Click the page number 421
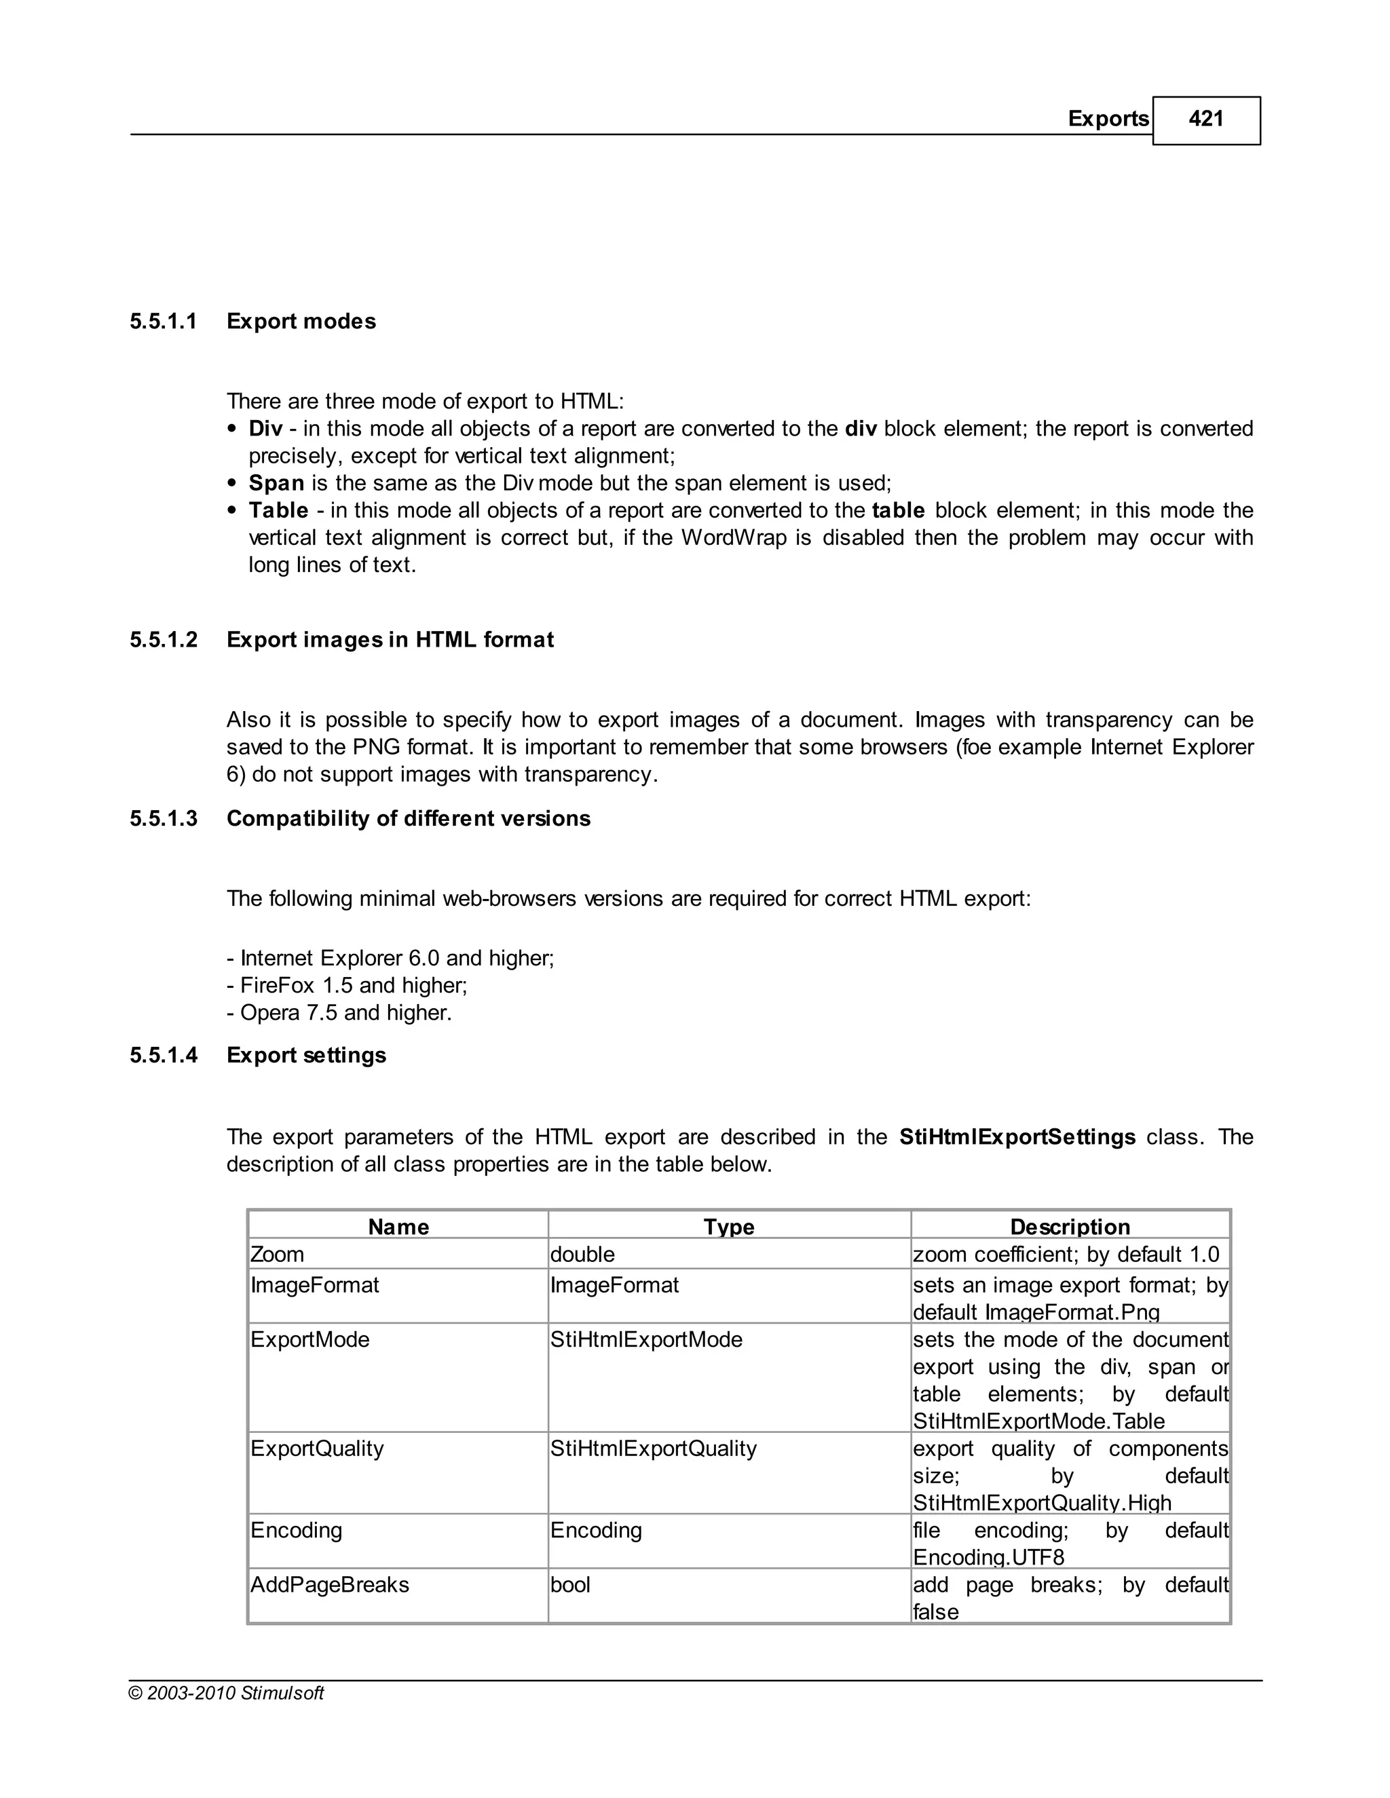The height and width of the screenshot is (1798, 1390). pos(1205,119)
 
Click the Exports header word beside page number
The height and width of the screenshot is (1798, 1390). pos(1108,119)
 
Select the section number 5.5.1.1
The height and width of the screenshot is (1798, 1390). pos(163,321)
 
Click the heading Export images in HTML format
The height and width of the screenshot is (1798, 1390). pos(390,640)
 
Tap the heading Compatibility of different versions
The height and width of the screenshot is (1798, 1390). pos(409,818)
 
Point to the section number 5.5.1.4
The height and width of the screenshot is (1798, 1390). pos(163,1056)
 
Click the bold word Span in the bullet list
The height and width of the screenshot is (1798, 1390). pos(277,483)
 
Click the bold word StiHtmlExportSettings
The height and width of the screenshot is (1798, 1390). pos(1017,1137)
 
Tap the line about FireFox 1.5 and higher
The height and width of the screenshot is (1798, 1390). pos(347,985)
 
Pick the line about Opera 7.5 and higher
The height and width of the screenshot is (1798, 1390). pos(339,1012)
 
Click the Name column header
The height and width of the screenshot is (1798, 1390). pos(398,1227)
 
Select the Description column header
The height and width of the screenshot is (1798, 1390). pos(1070,1227)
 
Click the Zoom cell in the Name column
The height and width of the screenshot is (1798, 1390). pos(278,1255)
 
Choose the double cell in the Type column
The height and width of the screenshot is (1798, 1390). pos(582,1255)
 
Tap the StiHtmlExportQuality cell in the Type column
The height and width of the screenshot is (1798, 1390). pos(653,1449)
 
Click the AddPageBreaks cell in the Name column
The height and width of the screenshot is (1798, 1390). pos(329,1585)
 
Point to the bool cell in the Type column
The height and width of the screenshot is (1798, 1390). pos(570,1585)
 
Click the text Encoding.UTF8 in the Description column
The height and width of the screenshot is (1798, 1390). pos(988,1558)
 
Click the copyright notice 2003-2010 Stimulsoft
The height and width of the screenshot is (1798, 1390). pos(227,1694)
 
